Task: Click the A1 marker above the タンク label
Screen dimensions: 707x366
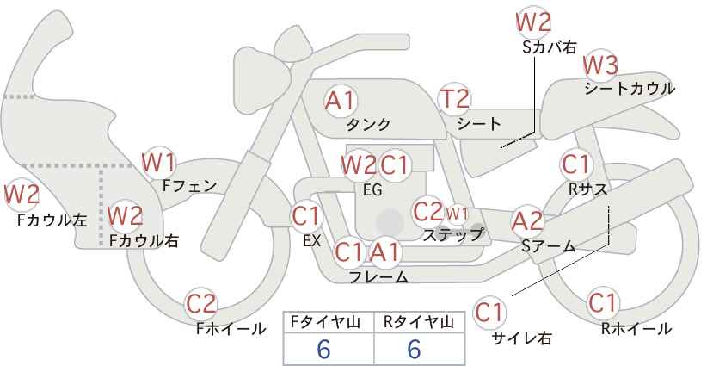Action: tap(341, 101)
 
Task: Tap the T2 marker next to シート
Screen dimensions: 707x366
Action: tap(454, 98)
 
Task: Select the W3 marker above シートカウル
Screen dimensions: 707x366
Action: tap(600, 65)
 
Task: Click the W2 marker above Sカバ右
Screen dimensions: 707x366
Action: tap(533, 22)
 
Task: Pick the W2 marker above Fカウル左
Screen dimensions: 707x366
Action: tap(22, 195)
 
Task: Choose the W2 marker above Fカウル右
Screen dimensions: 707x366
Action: tap(126, 215)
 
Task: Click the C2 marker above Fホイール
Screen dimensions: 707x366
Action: tap(201, 304)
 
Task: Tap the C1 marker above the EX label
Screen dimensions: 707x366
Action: tap(305, 216)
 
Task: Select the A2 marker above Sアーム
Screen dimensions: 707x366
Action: tap(527, 221)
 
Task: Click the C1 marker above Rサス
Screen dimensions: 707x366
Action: tap(575, 164)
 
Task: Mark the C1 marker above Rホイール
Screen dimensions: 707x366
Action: tap(603, 302)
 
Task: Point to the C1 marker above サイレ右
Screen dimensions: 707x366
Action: tap(489, 313)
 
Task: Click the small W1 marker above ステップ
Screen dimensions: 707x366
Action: tap(457, 214)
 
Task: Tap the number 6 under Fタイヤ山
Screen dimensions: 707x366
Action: tap(323, 349)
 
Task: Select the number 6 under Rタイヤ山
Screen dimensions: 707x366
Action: tap(414, 349)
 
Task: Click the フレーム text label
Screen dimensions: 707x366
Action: tap(378, 277)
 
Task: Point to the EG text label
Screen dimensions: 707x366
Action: tap(373, 190)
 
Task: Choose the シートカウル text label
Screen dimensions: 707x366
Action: tap(630, 89)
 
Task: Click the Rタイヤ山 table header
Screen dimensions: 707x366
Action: tap(419, 322)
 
